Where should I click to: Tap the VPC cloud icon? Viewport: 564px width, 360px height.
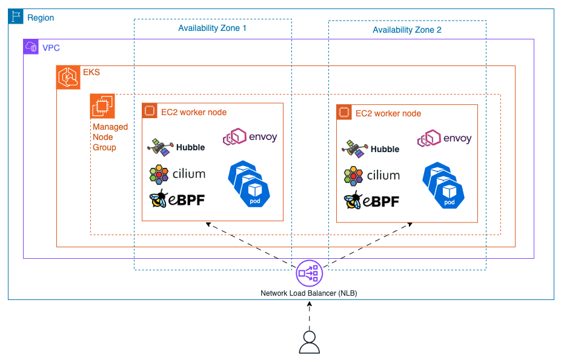click(31, 47)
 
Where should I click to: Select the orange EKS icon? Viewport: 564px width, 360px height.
click(68, 78)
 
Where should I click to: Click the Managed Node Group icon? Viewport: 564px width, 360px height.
click(102, 106)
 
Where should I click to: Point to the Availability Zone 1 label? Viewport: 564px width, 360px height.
click(212, 28)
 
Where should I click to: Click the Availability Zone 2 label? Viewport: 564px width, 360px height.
click(406, 30)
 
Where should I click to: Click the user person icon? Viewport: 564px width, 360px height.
click(310, 342)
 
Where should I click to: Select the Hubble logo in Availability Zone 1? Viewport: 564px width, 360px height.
click(176, 147)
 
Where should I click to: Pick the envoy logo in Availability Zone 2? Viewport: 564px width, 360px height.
click(444, 139)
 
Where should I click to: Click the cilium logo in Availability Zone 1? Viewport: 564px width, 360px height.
click(177, 174)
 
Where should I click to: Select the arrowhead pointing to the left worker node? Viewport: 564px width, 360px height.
click(209, 225)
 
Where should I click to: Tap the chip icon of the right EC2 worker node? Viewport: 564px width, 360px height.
click(344, 112)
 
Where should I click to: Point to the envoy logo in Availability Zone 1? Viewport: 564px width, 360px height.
click(250, 138)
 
